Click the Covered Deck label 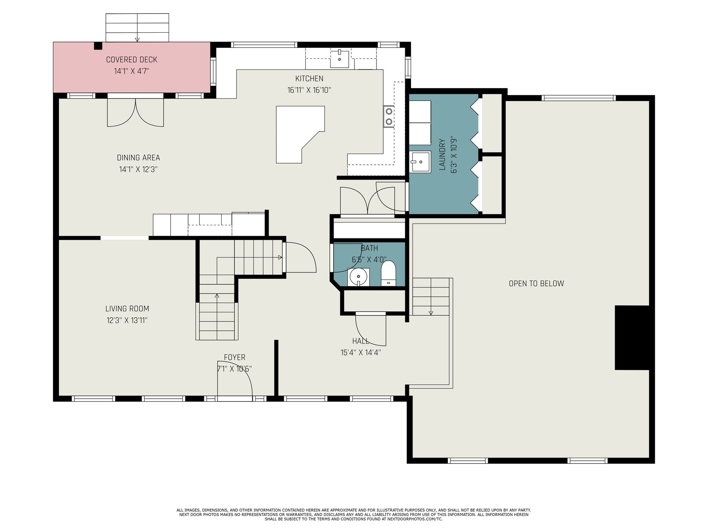click(131, 60)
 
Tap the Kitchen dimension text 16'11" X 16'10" click(309, 90)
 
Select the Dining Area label click(139, 158)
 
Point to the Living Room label click(127, 308)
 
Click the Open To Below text click(536, 283)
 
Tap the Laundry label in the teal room click(442, 154)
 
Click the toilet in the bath click(389, 273)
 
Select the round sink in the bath click(358, 277)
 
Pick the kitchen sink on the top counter click(339, 59)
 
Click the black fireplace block click(632, 338)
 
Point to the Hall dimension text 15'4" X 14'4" click(361, 352)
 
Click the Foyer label click(235, 357)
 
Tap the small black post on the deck click(98, 46)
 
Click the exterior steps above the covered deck click(137, 28)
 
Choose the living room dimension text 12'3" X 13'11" click(127, 320)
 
